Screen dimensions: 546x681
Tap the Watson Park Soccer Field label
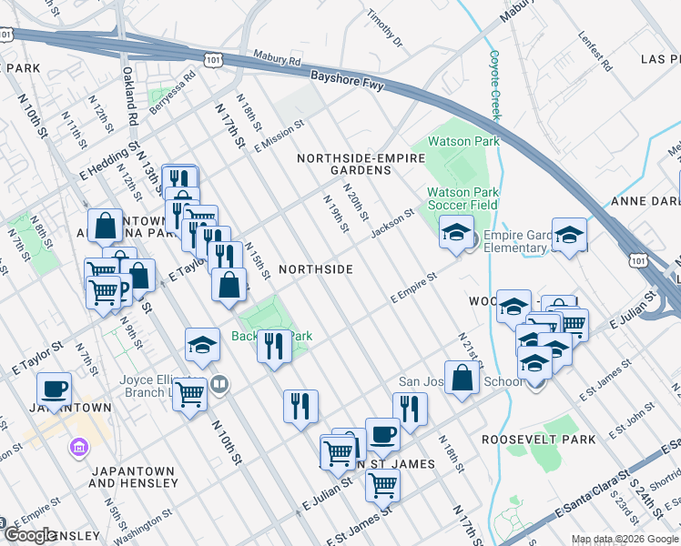463,198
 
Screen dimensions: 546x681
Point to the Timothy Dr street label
383,29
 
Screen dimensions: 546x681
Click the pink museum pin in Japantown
77,447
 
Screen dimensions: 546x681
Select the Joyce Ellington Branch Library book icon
218,384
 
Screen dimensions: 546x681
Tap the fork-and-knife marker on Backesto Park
273,346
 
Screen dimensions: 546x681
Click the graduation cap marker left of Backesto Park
202,344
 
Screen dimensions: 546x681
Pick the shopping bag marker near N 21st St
462,378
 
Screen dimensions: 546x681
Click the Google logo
30,535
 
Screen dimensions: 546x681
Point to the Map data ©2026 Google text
625,539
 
